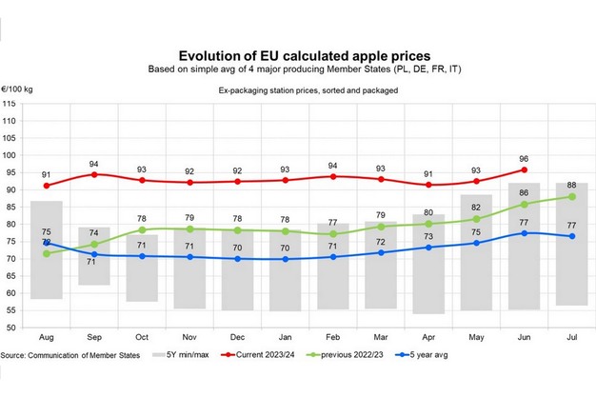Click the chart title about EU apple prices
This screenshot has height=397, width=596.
(x=297, y=55)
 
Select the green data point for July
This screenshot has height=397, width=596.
(x=569, y=197)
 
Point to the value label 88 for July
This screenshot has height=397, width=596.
(x=569, y=186)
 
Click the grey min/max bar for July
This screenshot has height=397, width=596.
(x=569, y=244)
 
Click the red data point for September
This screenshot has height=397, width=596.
(x=93, y=174)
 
